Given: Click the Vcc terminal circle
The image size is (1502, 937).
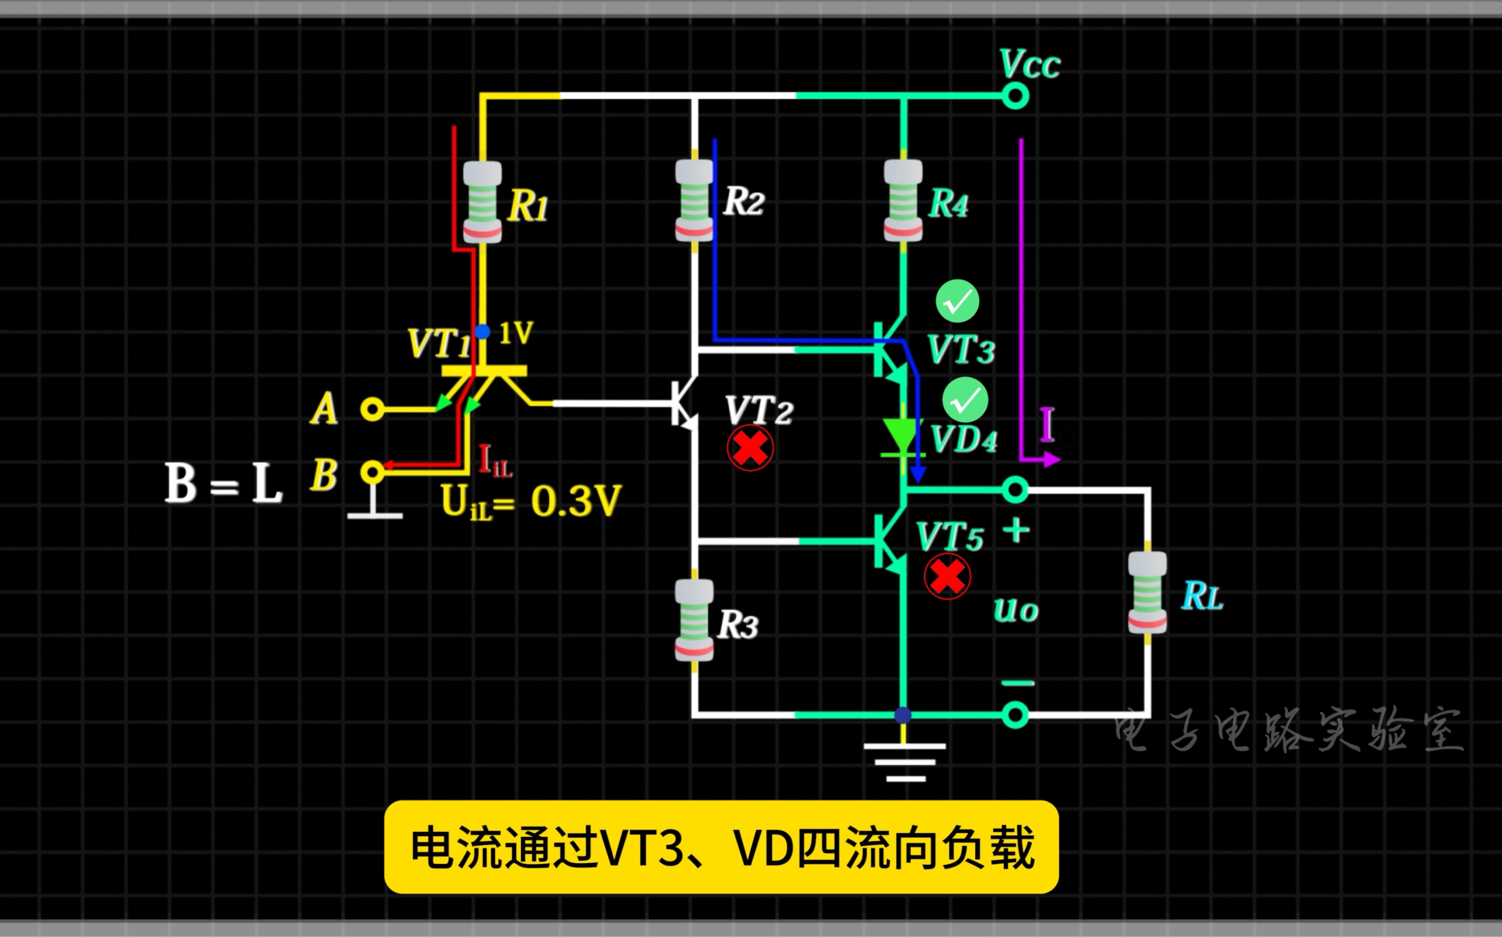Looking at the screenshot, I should pos(1015,96).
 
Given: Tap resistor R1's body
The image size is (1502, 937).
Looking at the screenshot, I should pos(483,201).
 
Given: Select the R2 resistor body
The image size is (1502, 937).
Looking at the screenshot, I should pos(694,200).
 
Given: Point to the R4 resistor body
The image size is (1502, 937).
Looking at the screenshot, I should pos(903,200).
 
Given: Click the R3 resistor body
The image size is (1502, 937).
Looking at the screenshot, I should pos(694,620).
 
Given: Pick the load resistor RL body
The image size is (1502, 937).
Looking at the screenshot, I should pos(1147,593).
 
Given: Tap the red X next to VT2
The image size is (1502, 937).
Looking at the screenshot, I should pos(750,448).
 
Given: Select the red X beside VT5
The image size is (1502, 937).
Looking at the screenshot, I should pos(947,577).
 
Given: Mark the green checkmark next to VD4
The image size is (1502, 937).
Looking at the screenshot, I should pos(965,400).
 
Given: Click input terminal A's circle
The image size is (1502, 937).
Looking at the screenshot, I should pos(372,410).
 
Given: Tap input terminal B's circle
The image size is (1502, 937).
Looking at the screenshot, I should pos(372,473).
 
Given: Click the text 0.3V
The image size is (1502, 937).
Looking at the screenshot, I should pos(575,501).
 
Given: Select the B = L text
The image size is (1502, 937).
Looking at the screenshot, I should pos(223,483).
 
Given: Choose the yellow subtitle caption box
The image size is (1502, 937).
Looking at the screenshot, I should pos(721,847).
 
